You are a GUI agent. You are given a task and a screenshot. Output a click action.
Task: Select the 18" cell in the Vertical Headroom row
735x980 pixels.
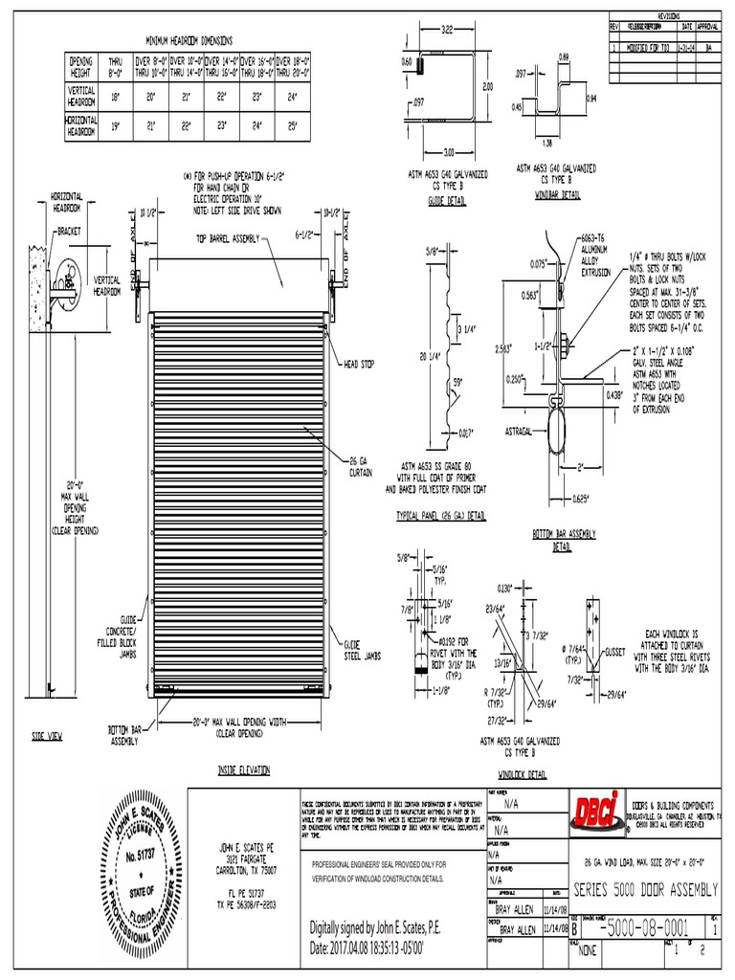[116, 97]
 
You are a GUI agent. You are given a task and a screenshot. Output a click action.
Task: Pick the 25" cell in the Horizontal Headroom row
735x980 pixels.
[293, 125]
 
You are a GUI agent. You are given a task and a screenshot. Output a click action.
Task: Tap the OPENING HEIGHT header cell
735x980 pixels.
[81, 67]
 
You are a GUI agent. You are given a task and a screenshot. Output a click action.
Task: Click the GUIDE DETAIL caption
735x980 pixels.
[447, 202]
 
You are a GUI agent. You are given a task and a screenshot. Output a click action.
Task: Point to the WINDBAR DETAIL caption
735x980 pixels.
[558, 195]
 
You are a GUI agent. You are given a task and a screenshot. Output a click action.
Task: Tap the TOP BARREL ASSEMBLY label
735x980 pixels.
[228, 238]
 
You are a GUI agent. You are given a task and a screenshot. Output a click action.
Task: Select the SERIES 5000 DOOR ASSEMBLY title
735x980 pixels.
[648, 890]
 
